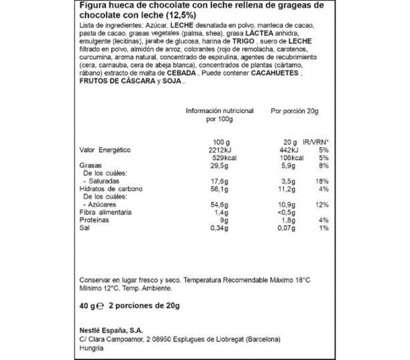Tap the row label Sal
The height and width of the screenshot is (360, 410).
pos(84,227)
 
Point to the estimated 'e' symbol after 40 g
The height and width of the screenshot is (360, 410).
pos(100,306)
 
